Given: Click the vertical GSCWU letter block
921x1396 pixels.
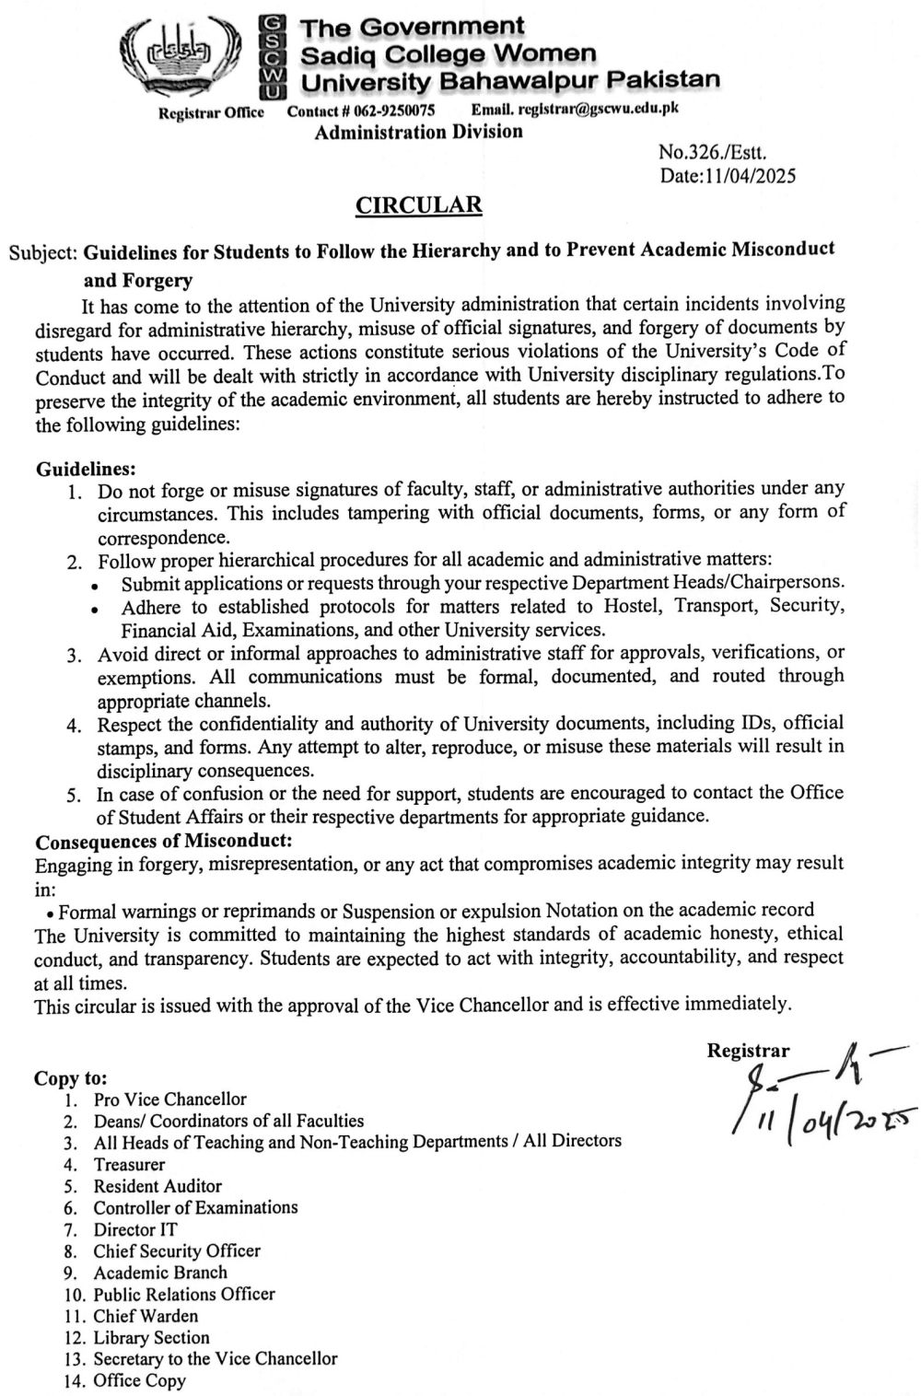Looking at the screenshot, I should click(272, 57).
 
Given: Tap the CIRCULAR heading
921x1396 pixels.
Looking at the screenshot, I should click(419, 204).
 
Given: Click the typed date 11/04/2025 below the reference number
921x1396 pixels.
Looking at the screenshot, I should click(728, 175).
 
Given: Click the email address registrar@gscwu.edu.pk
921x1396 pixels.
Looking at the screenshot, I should click(575, 110).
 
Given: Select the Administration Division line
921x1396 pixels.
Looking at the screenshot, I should click(419, 132).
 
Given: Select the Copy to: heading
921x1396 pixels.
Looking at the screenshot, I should click(71, 1076).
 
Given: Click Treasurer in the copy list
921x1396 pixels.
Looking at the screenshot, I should click(129, 1164).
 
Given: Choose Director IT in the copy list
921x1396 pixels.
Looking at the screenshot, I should click(135, 1229).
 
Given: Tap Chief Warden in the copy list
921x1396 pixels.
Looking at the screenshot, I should click(146, 1316).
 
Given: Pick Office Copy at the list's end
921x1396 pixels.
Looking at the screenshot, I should click(139, 1380).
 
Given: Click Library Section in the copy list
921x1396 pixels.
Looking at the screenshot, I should click(151, 1337).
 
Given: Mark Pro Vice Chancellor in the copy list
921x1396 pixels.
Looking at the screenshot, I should click(169, 1099).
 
